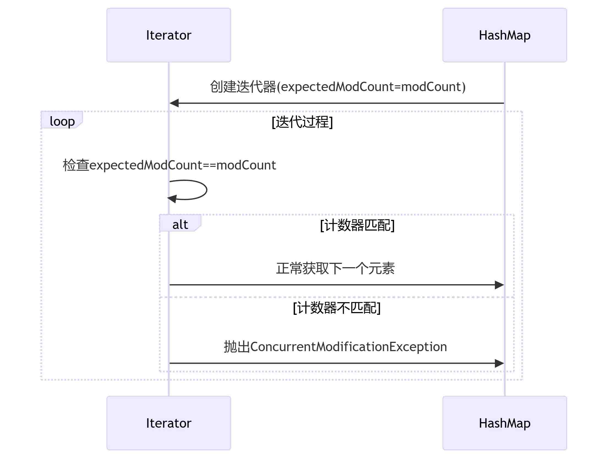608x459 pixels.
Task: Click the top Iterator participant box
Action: point(169,35)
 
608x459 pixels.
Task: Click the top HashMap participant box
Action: point(505,35)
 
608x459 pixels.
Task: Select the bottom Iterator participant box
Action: point(169,423)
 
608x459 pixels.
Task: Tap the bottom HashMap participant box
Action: point(505,423)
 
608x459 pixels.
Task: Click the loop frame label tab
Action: point(62,120)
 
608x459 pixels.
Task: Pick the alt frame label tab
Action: point(180,223)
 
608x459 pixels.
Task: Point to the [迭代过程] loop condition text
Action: point(302,122)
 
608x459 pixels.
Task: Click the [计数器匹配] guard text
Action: point(357,225)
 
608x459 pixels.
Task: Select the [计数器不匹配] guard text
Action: point(337,308)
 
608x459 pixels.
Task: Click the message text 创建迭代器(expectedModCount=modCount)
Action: point(338,87)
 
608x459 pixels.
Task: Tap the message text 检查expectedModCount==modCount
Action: point(169,165)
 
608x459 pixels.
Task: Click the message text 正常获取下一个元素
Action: point(335,268)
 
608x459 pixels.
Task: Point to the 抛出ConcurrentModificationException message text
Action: point(335,347)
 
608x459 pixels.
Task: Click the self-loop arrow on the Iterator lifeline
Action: point(206,190)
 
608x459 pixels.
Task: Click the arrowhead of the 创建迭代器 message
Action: point(174,103)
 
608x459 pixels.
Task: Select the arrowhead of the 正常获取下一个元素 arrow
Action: point(499,285)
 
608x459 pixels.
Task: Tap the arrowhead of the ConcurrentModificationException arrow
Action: point(499,363)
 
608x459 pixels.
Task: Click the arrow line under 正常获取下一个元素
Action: point(337,285)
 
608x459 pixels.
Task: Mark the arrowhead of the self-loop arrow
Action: point(172,198)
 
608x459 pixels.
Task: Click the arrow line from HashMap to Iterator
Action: point(337,103)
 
